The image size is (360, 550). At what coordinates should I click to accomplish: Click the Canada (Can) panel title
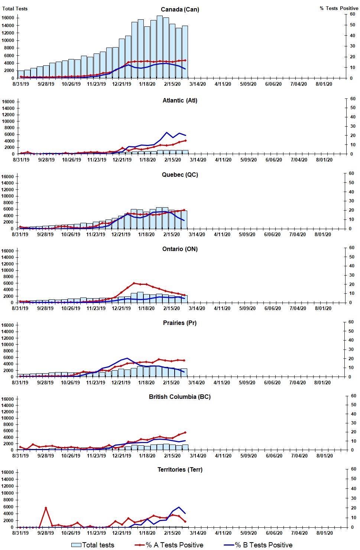(x=180, y=9)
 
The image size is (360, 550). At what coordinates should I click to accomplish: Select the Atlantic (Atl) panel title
(x=180, y=100)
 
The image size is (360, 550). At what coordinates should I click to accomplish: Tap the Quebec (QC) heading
(x=180, y=175)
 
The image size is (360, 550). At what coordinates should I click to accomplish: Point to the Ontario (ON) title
(x=180, y=249)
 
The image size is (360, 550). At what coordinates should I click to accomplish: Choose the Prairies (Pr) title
(x=180, y=323)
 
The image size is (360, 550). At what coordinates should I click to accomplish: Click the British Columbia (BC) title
(x=180, y=397)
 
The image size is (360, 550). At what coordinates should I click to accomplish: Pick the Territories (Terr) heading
(x=180, y=469)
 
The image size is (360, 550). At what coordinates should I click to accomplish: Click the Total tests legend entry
(x=93, y=545)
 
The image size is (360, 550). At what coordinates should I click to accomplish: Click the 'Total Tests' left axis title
(x=15, y=9)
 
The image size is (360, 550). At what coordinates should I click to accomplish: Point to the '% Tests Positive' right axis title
(x=339, y=8)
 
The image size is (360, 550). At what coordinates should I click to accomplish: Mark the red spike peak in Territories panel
(x=46, y=508)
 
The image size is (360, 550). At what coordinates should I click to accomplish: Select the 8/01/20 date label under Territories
(x=324, y=533)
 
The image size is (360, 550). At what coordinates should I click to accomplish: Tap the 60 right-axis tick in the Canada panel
(x=352, y=14)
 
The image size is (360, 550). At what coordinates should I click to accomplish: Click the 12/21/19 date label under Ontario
(x=121, y=308)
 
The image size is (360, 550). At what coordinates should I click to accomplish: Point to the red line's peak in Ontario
(x=134, y=283)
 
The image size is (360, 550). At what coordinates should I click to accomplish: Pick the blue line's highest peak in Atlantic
(x=166, y=133)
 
